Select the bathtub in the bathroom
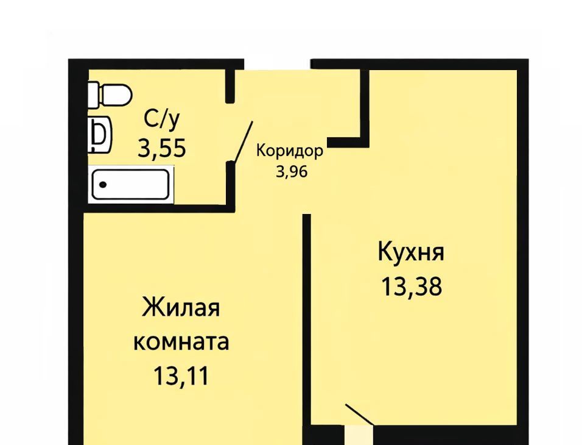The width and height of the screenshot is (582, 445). (x=131, y=185)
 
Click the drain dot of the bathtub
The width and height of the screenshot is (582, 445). (x=103, y=185)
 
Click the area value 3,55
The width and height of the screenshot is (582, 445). (x=162, y=148)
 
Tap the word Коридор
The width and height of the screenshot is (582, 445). (x=290, y=151)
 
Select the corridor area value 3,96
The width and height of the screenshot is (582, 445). (x=292, y=171)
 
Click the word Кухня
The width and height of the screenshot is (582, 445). (x=411, y=252)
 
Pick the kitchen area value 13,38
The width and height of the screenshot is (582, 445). (x=412, y=287)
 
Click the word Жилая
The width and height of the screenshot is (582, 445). (x=181, y=308)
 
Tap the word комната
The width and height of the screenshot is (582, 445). (x=181, y=342)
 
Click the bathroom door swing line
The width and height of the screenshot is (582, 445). (x=243, y=142)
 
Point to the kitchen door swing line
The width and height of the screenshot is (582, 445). (x=360, y=414)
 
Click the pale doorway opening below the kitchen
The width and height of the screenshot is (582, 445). (x=358, y=435)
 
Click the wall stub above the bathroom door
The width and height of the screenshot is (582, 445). (x=230, y=86)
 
